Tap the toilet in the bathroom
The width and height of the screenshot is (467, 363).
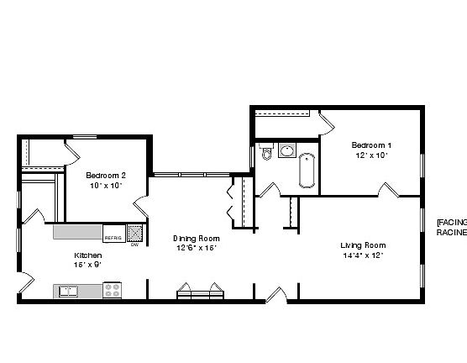267,153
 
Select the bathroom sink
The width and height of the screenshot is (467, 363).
286,151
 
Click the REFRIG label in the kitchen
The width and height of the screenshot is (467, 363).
113,238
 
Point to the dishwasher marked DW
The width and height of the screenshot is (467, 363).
134,233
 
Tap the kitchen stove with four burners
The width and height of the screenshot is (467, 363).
112,291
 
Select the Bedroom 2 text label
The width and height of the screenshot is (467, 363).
106,175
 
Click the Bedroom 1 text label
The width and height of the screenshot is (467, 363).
371,145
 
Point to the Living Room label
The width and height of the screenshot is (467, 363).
363,245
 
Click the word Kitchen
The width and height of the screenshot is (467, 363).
87,255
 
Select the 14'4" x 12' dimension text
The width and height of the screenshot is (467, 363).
362,255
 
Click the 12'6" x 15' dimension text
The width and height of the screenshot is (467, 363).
196,248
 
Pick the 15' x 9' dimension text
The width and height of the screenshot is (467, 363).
87,264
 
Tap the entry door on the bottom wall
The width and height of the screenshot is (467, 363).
275,295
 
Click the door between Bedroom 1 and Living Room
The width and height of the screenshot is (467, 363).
387,192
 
